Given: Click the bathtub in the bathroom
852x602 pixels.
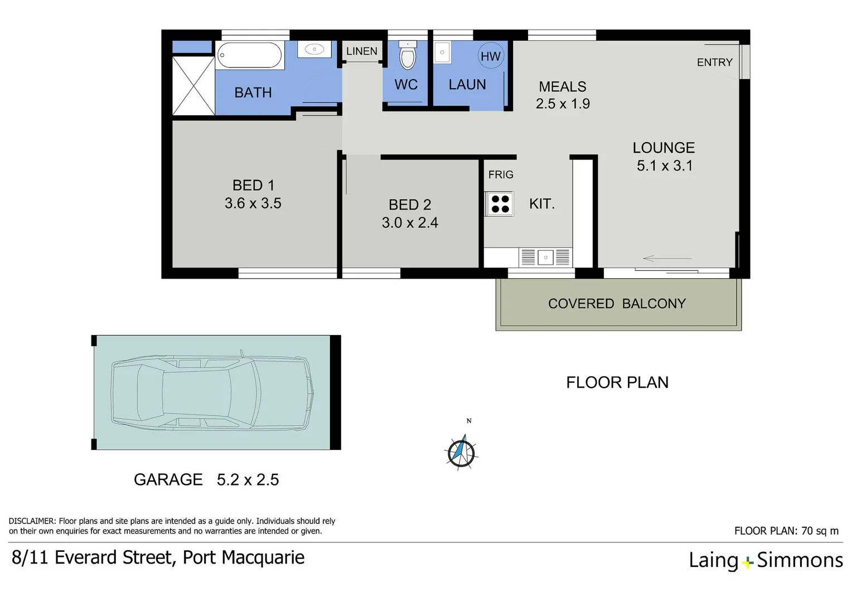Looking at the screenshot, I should (x=250, y=55).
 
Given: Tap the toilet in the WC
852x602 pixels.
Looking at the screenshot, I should (x=408, y=55).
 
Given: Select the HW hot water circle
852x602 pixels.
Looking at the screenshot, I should (x=491, y=56).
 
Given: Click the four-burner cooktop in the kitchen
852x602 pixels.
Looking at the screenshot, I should (x=500, y=204).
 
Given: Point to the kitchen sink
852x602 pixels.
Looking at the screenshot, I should (x=545, y=258).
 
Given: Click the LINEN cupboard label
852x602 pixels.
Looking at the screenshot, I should (x=362, y=51).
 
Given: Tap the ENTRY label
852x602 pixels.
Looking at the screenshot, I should (x=714, y=62).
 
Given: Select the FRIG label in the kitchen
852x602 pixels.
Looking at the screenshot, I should (x=501, y=174).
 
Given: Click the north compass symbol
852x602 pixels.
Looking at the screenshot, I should (x=462, y=451).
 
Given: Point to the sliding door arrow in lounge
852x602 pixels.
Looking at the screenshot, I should (x=667, y=259).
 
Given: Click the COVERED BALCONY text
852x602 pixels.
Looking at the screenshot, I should (x=617, y=304).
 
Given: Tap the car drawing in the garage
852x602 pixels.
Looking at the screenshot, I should (x=212, y=393).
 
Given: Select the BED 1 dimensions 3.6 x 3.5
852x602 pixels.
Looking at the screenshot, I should (x=253, y=203).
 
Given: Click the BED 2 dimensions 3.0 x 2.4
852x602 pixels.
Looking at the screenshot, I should (x=410, y=223).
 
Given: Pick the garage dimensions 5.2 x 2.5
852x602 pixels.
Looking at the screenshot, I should (x=248, y=480).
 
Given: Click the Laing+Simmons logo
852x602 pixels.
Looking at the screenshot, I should (x=766, y=560).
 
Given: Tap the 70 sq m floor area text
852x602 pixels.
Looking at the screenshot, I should (x=820, y=531).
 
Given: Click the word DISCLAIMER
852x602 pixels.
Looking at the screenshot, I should (x=32, y=521).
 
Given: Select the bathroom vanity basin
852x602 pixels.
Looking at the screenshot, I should (x=314, y=50).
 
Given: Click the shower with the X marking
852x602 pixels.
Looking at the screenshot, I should (x=193, y=85).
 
